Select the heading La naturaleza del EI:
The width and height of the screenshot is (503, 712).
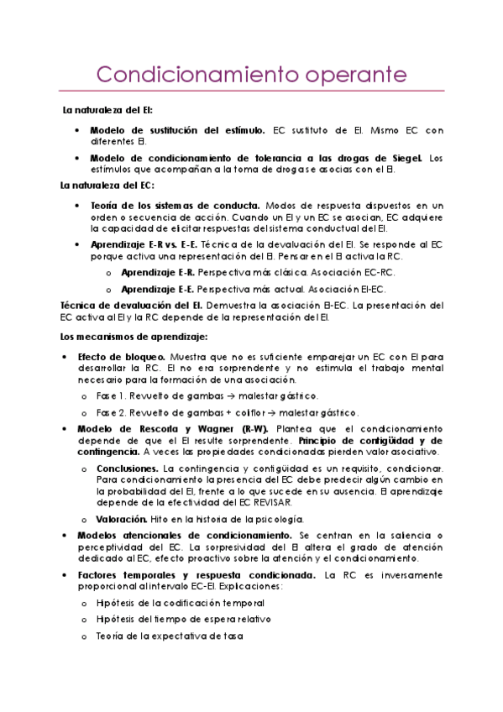(107, 110)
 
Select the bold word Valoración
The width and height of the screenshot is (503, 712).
(123, 519)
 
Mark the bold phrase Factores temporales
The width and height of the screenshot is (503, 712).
(128, 575)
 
